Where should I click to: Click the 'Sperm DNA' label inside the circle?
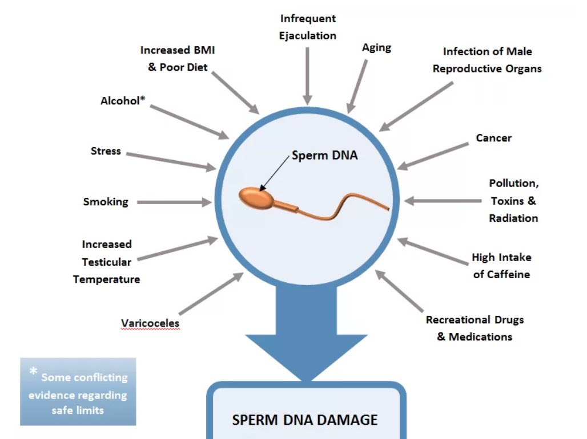coord(324,155)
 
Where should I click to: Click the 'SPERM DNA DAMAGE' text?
coord(304,420)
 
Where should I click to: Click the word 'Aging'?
coord(376,47)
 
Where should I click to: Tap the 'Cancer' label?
coord(493,138)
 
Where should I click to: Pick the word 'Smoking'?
coord(106,202)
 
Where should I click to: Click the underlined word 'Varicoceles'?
coord(150,324)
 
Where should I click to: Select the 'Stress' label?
coord(106,151)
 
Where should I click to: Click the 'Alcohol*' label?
coord(123,100)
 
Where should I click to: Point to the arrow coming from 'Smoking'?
coord(174,202)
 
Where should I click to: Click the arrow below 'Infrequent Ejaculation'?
coord(308,74)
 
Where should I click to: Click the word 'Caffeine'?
coord(508,274)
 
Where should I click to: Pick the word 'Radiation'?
coord(513,218)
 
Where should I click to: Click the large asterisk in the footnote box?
coord(34,373)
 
